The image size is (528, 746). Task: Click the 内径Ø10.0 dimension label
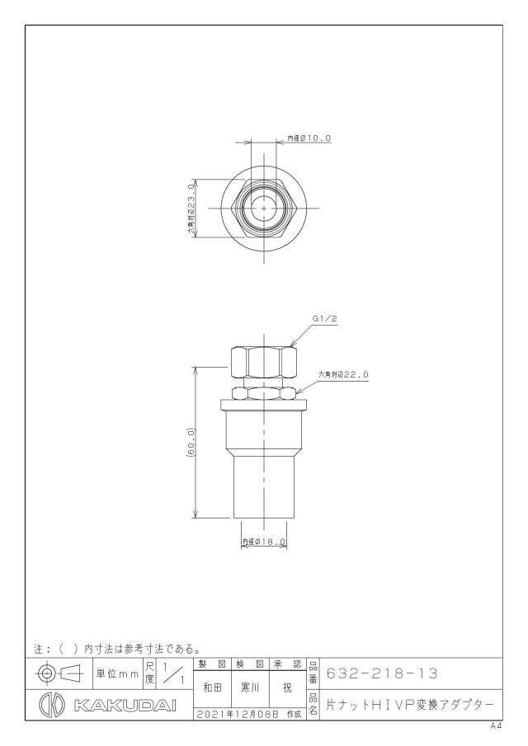[x=309, y=138]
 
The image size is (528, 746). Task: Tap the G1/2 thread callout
[x=325, y=319]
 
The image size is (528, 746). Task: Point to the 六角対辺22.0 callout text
[x=343, y=375]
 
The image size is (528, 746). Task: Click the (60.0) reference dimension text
[x=191, y=443]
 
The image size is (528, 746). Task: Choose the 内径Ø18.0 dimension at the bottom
[x=264, y=542]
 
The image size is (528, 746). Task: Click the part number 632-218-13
[x=382, y=673]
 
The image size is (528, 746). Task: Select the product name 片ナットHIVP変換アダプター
[x=410, y=705]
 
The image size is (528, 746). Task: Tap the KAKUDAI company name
[x=125, y=705]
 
